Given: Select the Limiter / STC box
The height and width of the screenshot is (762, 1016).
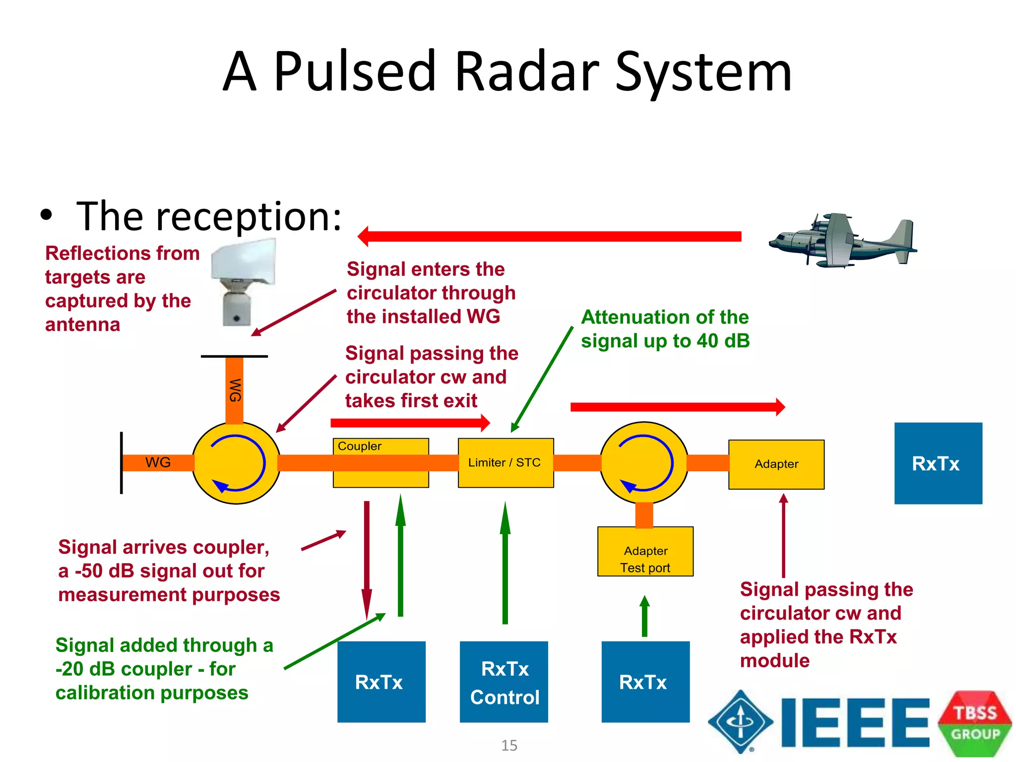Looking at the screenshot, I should pyautogui.click(x=505, y=463).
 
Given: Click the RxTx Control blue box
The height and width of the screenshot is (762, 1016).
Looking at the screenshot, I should pyautogui.click(x=504, y=682).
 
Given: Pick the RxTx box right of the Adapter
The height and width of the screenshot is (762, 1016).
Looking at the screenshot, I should pyautogui.click(x=938, y=463).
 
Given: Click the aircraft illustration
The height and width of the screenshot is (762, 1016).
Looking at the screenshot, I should pyautogui.click(x=843, y=241).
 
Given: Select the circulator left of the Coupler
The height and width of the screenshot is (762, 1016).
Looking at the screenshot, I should pyautogui.click(x=236, y=463).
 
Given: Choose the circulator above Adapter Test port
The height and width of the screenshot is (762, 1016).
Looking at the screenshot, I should pyautogui.click(x=644, y=463).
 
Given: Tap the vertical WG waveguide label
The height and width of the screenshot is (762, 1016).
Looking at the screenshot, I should pyautogui.click(x=235, y=390).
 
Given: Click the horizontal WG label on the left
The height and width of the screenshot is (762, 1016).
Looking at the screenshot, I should pyautogui.click(x=158, y=462).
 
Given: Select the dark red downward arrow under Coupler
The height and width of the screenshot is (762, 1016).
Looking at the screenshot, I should pyautogui.click(x=367, y=556).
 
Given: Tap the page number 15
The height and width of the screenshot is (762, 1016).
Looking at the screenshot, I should pyautogui.click(x=509, y=745).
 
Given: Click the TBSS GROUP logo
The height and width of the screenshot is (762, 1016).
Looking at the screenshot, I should pyautogui.click(x=974, y=723).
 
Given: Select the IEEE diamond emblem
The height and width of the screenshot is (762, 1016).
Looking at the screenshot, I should pyautogui.click(x=740, y=722).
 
